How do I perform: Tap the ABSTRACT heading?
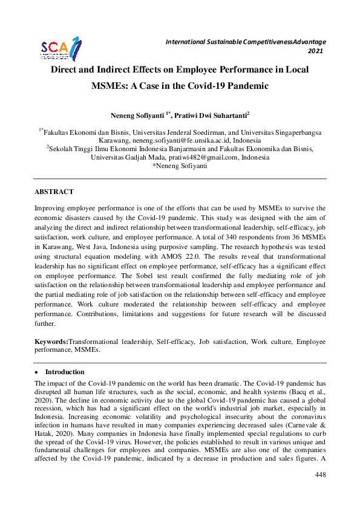tap(54, 192)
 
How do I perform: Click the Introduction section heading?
tap(65, 372)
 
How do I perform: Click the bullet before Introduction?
tap(37, 372)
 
